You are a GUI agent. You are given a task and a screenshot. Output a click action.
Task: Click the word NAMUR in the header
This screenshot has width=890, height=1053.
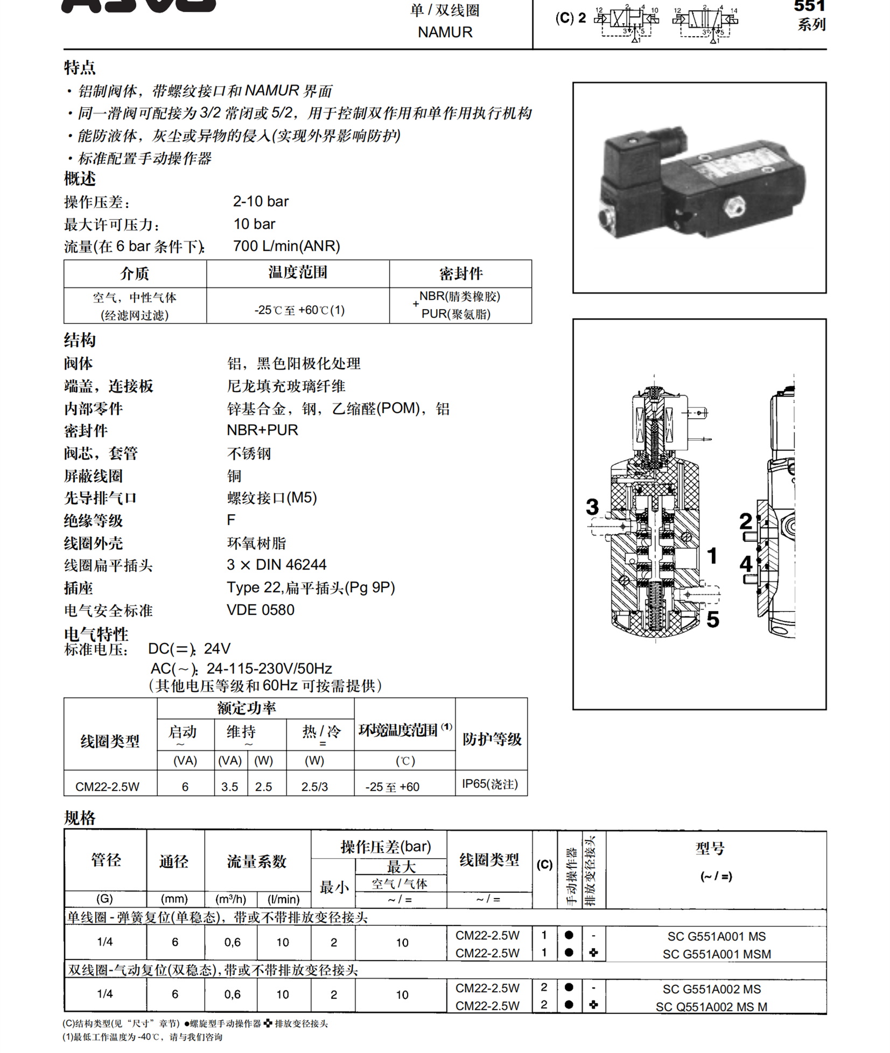445,32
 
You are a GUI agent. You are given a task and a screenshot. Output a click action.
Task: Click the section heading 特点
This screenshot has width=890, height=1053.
80,68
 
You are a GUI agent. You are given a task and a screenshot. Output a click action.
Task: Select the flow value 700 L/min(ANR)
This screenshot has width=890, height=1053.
286,246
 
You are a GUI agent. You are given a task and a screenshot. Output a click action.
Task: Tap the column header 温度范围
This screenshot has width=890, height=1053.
298,272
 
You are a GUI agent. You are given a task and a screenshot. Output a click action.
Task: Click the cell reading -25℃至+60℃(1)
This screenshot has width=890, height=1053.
299,310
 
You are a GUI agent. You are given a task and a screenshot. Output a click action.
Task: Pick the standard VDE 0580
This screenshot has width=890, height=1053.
261,610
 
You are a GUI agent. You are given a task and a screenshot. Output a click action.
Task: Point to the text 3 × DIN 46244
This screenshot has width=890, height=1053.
277,565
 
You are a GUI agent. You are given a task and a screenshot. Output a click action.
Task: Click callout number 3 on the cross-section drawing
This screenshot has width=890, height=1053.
592,507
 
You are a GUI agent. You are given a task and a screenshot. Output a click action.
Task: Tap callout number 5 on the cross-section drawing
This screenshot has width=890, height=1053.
713,620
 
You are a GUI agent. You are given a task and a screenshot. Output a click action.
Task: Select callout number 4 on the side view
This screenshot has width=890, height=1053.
746,564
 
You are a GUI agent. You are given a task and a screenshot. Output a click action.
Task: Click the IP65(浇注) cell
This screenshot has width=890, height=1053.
490,784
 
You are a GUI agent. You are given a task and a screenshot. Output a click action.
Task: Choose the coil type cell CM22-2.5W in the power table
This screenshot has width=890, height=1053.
108,787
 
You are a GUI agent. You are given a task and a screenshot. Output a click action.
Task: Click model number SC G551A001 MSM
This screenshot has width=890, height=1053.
717,954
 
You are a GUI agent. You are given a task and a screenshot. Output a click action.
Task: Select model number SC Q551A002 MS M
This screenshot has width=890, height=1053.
711,1007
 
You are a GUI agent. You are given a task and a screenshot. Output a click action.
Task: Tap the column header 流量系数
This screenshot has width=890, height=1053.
257,861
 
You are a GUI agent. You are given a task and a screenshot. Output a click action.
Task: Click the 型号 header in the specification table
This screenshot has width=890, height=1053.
710,849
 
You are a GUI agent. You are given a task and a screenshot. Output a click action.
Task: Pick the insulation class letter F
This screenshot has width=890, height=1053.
231,520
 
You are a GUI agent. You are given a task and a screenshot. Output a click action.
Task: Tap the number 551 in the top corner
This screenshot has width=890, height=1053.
809,6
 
